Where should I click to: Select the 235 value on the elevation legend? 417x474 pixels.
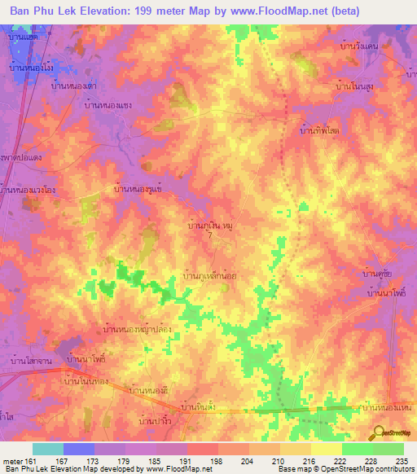[401, 463]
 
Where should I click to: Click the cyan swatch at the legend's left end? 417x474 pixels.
[47, 449]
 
